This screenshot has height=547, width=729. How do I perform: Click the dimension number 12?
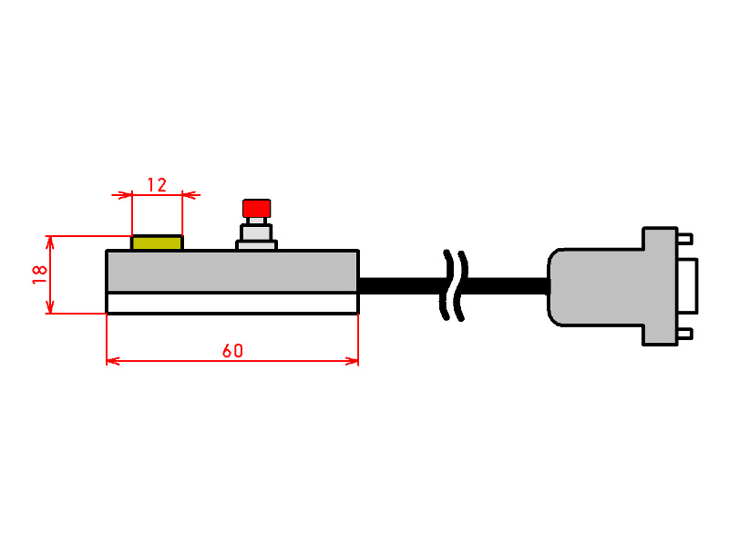pos(157,185)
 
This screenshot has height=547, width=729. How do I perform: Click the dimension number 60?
pos(232,351)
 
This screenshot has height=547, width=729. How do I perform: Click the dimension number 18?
pos(40,275)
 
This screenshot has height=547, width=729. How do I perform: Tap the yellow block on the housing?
pos(157,243)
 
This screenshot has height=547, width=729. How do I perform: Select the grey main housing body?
pos(232,271)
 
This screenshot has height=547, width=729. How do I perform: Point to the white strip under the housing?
pos(232,304)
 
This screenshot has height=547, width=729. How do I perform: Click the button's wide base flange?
pos(257,244)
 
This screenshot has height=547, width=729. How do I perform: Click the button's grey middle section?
pos(256,232)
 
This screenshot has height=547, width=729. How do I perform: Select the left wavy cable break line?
pos(447,285)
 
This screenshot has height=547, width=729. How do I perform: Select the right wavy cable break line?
pos(461,285)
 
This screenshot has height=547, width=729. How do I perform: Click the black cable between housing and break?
pos(403,285)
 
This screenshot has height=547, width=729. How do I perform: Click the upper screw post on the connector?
pos(685,239)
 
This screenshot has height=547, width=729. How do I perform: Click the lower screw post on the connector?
pos(685,334)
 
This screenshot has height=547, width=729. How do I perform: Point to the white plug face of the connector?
pos(688,285)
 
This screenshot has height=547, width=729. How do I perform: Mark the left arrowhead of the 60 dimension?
pos(113,361)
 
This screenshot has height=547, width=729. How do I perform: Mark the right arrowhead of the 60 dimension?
pos(352,361)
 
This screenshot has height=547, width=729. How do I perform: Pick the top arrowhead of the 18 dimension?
pos(50,243)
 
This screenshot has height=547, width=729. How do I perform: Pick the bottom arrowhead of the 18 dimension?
pos(50,307)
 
